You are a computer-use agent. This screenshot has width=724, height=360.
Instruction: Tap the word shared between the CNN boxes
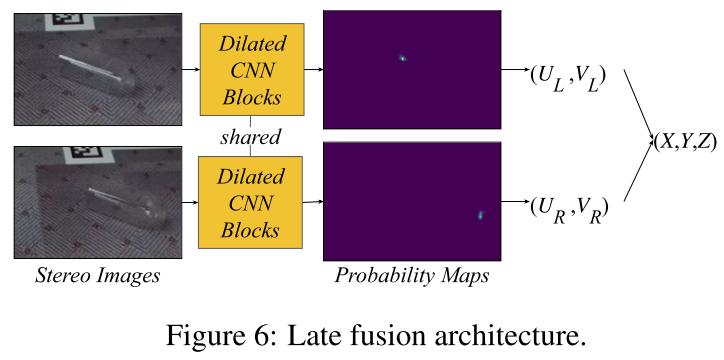[x=251, y=135]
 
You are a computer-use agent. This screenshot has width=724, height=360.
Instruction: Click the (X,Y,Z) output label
[x=683, y=140]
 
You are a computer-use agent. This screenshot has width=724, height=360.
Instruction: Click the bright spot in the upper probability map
[x=402, y=58]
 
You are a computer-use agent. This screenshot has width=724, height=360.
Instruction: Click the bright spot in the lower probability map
[x=480, y=216]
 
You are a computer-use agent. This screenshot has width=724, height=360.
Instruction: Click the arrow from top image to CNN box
[x=191, y=69]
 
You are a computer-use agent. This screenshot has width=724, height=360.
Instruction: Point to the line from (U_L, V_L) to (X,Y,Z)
[x=638, y=103]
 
